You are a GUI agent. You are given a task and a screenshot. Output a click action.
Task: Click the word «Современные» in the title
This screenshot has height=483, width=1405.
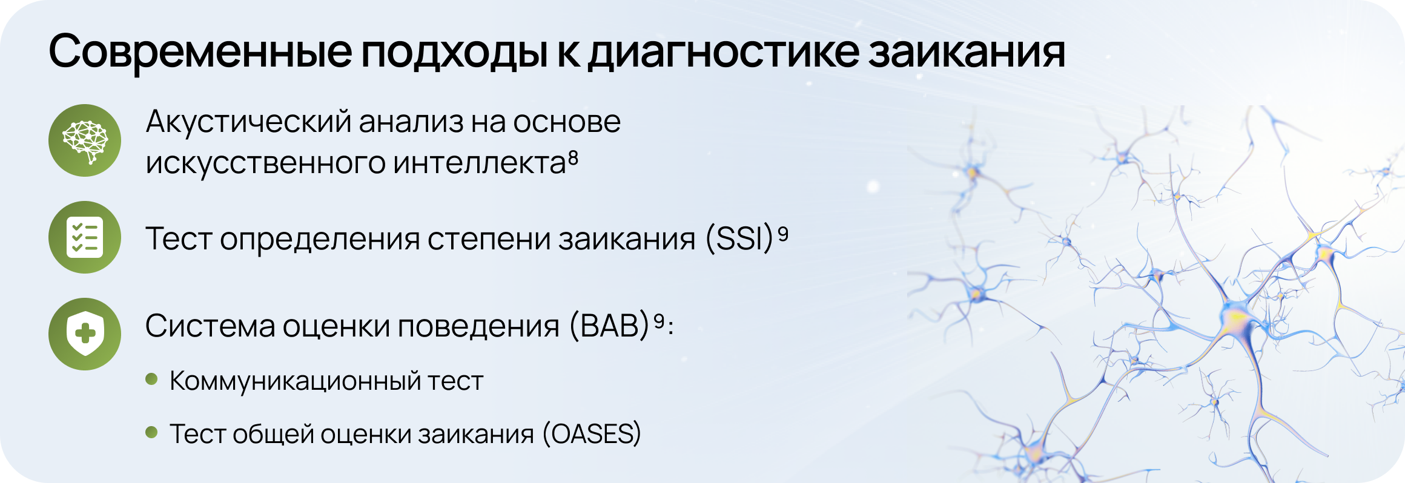pyautogui.click(x=200, y=51)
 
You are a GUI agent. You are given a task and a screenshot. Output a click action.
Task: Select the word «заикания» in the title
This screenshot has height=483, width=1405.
pyautogui.click(x=967, y=52)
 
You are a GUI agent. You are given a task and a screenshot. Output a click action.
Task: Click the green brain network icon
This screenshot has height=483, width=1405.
pyautogui.click(x=85, y=140)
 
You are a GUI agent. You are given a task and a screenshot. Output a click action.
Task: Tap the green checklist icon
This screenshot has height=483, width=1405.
pyautogui.click(x=85, y=237)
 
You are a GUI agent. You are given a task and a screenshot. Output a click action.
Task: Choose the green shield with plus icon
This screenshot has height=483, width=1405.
pyautogui.click(x=85, y=334)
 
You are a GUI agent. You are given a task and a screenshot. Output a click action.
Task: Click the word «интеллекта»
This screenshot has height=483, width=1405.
pyautogui.click(x=479, y=162)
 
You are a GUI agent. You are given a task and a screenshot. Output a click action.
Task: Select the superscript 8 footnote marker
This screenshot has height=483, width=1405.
pyautogui.click(x=573, y=159)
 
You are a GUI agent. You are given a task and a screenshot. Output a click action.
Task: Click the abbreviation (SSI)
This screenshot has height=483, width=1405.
pyautogui.click(x=739, y=238)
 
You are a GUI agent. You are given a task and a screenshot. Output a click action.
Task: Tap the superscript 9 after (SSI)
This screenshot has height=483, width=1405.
pyautogui.click(x=783, y=234)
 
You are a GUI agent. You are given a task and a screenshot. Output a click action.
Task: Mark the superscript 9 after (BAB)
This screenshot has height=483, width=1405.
pyautogui.click(x=659, y=321)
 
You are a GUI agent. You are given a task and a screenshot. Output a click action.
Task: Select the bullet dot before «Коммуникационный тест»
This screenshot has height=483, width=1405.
pyautogui.click(x=151, y=379)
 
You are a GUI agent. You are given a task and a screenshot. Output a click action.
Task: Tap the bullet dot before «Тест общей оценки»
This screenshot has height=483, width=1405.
pyautogui.click(x=151, y=432)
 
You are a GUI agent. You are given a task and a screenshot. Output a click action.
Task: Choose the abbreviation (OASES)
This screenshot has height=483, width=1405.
pyautogui.click(x=592, y=434)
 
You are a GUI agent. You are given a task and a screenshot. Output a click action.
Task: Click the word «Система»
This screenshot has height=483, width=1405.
pyautogui.click(x=210, y=326)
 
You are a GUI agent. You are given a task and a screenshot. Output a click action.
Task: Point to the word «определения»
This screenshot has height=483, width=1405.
pyautogui.click(x=319, y=240)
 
